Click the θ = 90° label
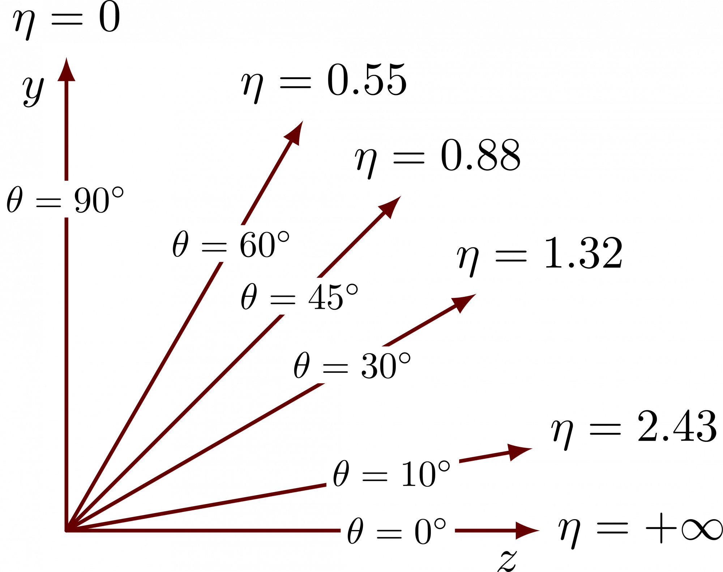[67, 199]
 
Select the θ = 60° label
[232, 244]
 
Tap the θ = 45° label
[300, 296]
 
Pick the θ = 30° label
[353, 365]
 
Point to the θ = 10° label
[393, 473]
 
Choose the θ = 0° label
[398, 530]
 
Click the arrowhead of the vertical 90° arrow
[67, 71]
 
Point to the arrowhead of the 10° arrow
[519, 451]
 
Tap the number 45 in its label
[325, 298]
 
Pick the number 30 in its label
[378, 366]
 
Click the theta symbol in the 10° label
[341, 473]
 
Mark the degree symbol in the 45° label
[352, 290]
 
